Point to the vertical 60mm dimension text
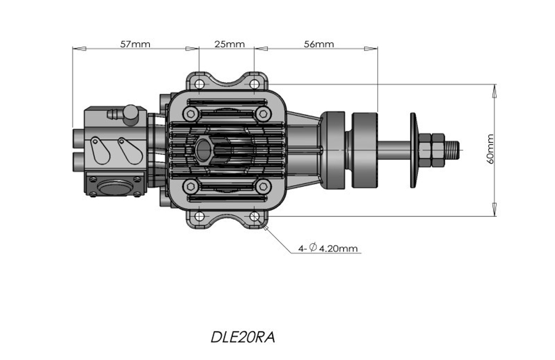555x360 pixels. [490, 149]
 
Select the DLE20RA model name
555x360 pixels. [243, 337]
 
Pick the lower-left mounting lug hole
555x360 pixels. [199, 216]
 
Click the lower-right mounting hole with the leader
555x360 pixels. [254, 216]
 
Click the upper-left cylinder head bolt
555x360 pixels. [191, 114]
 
